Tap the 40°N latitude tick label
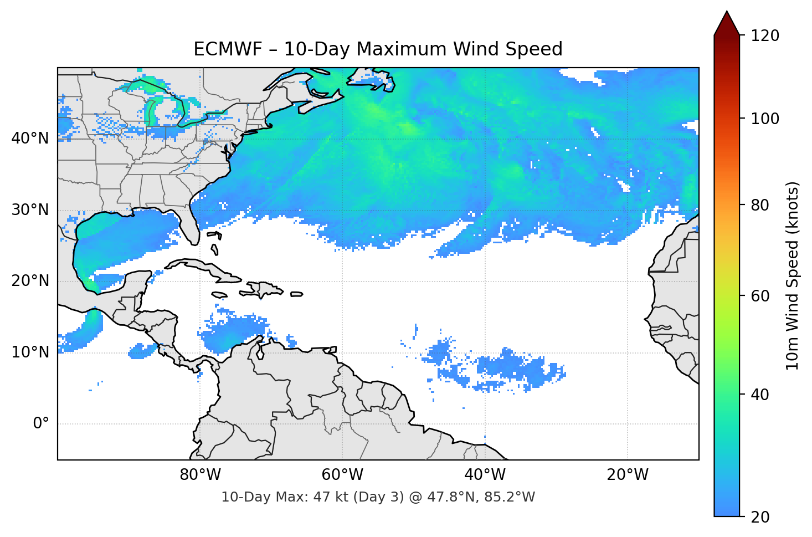[30, 138]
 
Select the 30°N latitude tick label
[30, 210]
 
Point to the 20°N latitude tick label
[30, 281]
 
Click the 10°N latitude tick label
[30, 352]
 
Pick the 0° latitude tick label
[40, 424]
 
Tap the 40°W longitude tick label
[485, 475]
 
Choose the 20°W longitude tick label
[627, 475]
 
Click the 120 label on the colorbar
[765, 35]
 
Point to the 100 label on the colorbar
[765, 119]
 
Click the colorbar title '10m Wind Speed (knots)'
[793, 275]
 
